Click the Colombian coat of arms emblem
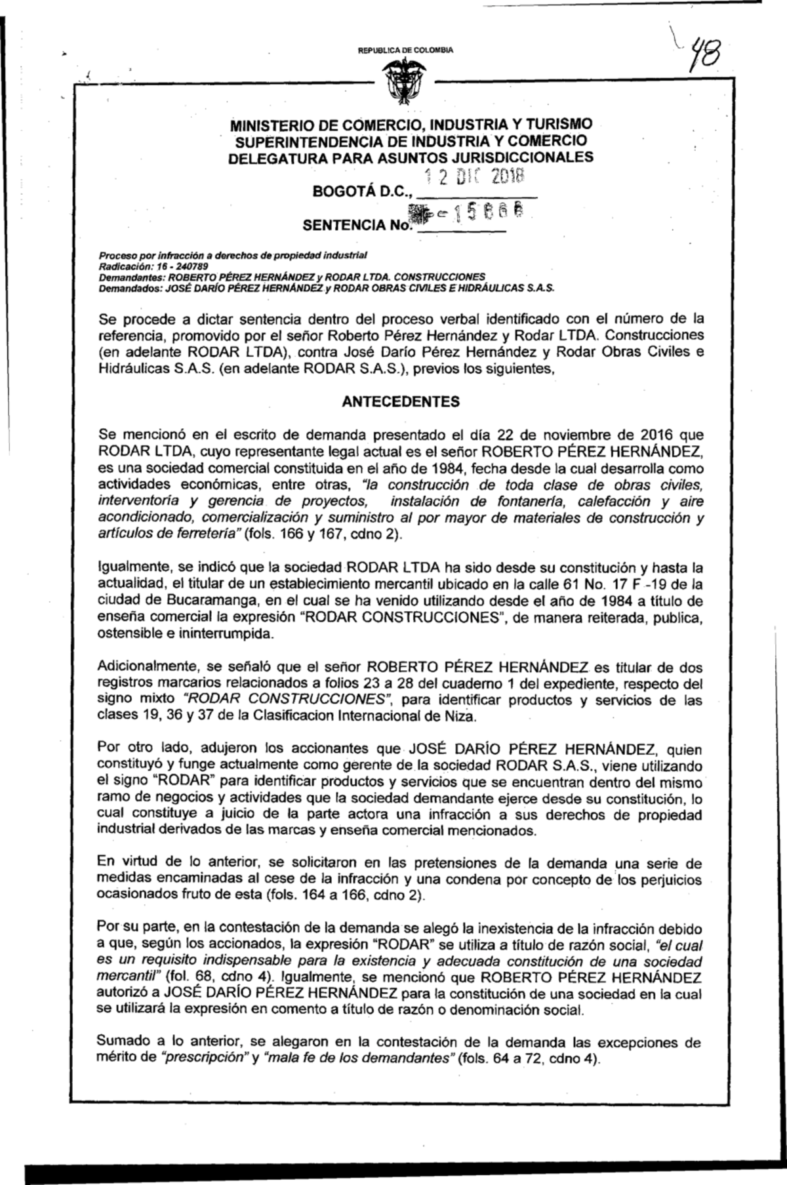pyautogui.click(x=399, y=81)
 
